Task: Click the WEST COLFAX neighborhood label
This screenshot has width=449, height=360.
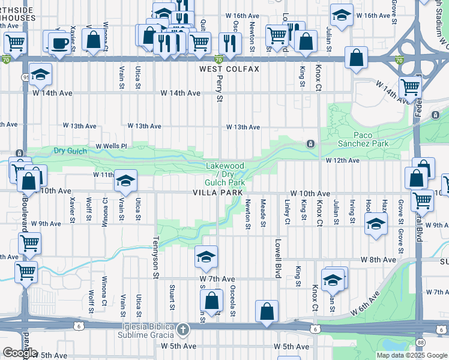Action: click(229, 69)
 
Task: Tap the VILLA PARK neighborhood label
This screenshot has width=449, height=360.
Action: click(217, 193)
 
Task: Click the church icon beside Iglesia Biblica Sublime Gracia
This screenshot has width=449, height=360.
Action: click(184, 329)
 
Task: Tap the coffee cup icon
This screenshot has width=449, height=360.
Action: click(59, 43)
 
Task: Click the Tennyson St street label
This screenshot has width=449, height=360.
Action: click(155, 261)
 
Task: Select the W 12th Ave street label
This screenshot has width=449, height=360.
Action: click(343, 160)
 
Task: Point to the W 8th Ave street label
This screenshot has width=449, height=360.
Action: click(378, 260)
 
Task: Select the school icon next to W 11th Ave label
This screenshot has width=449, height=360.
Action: click(126, 179)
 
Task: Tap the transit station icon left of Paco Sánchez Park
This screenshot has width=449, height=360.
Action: click(310, 144)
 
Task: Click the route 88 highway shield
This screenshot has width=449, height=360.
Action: click(421, 343)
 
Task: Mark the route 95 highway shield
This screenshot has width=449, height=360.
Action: click(25, 60)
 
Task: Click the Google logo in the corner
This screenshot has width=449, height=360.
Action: click(19, 352)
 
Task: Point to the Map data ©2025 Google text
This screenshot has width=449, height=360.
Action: click(411, 355)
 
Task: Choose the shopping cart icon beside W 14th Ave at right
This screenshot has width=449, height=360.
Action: click(410, 88)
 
